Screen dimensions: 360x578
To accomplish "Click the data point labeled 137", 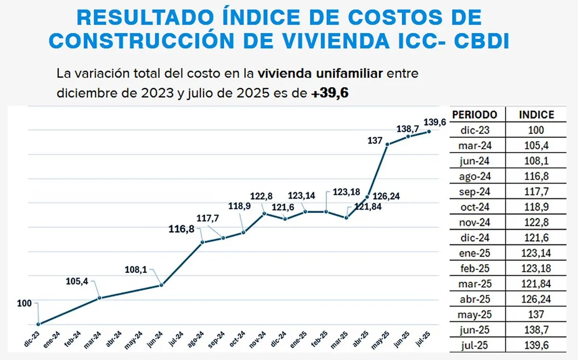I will pos(388,144).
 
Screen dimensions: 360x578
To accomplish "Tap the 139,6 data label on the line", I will pos(434,121).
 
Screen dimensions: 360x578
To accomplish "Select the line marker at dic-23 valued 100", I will pos(38,324).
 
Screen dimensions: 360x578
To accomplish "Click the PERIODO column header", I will pos(474,115).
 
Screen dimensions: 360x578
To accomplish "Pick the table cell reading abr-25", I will pos(474,299).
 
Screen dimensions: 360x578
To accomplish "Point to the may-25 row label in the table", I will pos(474,315).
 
